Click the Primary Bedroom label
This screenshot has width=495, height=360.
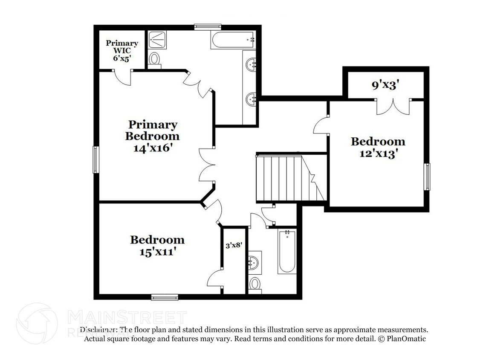[152, 131]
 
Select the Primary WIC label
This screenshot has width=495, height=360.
[122, 47]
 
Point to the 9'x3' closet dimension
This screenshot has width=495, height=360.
[385, 85]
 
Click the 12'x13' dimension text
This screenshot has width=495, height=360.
[378, 153]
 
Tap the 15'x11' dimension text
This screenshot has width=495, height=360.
[157, 251]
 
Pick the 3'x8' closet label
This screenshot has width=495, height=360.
[233, 246]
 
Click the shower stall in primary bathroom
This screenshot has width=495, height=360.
[159, 40]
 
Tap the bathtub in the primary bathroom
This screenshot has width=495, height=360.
[232, 41]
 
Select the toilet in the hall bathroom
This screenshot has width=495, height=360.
[255, 284]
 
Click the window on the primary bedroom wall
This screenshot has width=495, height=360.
[96, 160]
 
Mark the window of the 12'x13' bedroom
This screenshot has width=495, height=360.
[427, 177]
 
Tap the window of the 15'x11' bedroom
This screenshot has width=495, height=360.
[165, 297]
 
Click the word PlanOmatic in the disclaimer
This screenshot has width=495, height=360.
[406, 339]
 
